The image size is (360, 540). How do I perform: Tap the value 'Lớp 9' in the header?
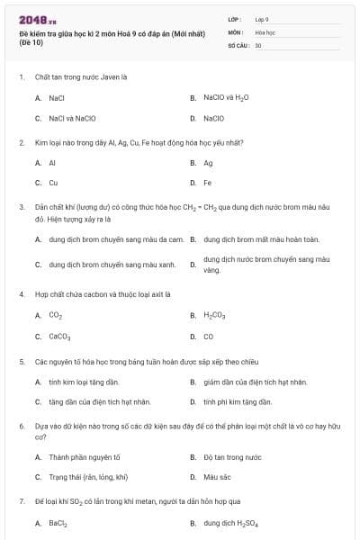click(x=262, y=18)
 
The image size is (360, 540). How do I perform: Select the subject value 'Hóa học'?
click(x=265, y=31)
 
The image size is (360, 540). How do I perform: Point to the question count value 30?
click(x=258, y=45)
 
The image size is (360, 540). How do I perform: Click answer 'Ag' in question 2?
click(x=208, y=163)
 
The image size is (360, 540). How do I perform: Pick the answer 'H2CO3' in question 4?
click(x=214, y=315)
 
